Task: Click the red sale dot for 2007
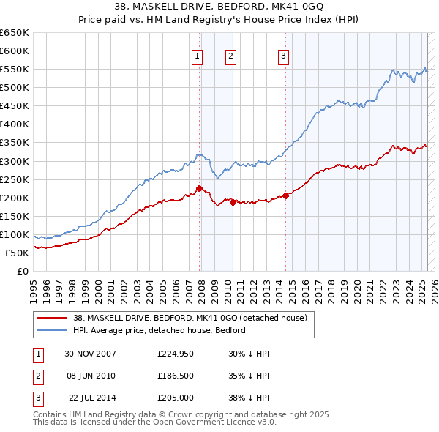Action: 200,188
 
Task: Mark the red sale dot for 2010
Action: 233,202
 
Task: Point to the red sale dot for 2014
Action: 286,195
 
